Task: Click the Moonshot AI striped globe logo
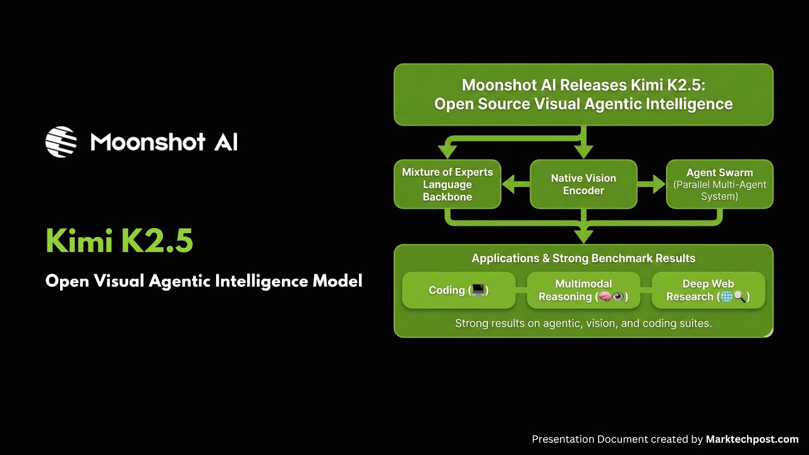coord(61,142)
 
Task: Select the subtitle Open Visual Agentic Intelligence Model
coord(204,281)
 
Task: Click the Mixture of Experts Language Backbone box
coord(447,185)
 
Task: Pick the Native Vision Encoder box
coord(583,185)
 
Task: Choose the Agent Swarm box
coord(719,185)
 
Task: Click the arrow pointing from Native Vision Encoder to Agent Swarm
coord(651,185)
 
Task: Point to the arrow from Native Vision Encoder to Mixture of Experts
coord(516,185)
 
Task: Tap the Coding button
coord(458,290)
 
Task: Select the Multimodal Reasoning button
coord(583,290)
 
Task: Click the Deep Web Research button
coord(708,290)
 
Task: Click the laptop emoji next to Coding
coord(478,290)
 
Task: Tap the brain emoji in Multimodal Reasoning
coord(604,297)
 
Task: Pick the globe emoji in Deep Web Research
coord(726,297)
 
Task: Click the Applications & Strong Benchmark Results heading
coord(583,258)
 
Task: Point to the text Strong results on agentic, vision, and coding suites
coord(583,324)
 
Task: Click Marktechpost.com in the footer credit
coord(752,439)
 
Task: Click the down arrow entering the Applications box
coord(583,235)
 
